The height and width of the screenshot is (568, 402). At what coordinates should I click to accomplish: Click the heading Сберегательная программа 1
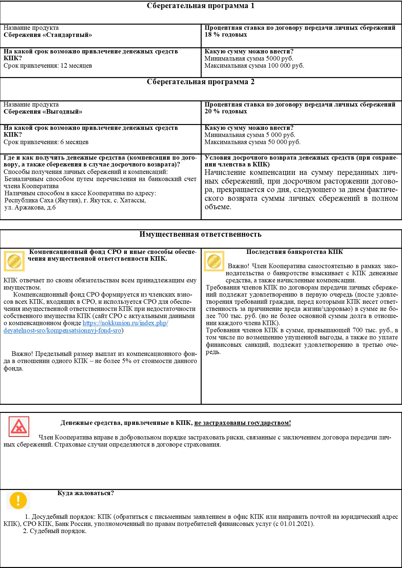(200, 6)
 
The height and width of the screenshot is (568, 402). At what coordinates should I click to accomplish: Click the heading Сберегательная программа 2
(200, 82)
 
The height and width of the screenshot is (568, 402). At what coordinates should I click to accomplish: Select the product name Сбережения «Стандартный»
(48, 35)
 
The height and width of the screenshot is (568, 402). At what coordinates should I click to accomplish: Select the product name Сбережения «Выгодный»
(43, 112)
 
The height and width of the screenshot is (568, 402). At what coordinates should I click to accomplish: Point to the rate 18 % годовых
(226, 35)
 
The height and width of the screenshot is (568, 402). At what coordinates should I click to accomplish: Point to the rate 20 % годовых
(226, 111)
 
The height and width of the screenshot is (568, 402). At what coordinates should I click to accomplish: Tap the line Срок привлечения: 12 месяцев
(48, 66)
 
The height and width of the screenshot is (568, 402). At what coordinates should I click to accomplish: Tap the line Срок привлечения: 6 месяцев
(46, 142)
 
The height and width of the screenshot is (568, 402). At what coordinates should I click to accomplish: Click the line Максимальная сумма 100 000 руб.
(254, 66)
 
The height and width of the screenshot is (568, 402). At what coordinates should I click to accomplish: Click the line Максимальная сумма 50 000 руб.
(252, 142)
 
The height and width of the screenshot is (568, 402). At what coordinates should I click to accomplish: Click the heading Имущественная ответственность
(200, 234)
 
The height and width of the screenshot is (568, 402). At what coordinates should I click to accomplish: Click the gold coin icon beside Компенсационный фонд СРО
(14, 261)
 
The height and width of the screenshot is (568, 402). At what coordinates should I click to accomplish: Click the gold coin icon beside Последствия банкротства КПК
(214, 261)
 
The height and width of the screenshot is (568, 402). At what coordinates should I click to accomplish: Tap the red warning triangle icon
(19, 426)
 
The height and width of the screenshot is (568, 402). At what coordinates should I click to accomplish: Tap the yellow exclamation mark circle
(18, 500)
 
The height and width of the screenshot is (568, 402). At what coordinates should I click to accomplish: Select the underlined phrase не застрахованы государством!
(242, 423)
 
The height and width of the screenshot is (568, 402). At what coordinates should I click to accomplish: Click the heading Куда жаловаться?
(86, 493)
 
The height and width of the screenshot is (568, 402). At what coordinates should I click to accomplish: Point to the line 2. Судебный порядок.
(54, 531)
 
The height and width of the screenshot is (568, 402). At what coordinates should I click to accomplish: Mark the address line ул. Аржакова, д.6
(30, 208)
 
